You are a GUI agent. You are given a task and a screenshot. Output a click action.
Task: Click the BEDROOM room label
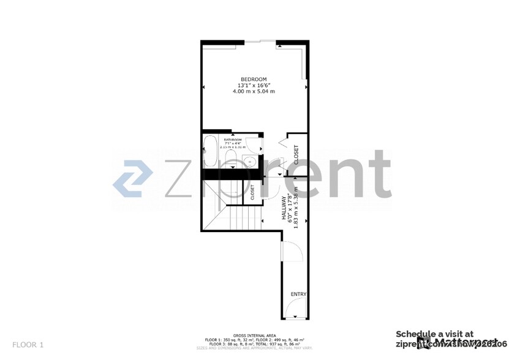tap(254, 79)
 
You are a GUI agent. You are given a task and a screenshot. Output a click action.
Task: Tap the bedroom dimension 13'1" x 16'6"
tap(254, 85)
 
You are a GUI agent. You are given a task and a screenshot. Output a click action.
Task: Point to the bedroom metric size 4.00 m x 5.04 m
tap(254, 91)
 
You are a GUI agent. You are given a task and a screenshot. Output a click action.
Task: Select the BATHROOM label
tap(233, 140)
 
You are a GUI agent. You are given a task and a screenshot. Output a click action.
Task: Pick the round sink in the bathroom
tap(249, 162)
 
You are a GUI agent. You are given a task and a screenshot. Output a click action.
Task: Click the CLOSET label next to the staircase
tap(252, 192)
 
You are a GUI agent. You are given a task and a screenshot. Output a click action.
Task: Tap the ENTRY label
tap(298, 294)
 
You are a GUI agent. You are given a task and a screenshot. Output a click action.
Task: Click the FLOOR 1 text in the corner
tap(28, 345)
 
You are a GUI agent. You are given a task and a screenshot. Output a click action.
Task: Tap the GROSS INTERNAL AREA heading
tap(254, 336)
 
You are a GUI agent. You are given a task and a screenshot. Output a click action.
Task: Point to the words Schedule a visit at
tap(434, 334)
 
